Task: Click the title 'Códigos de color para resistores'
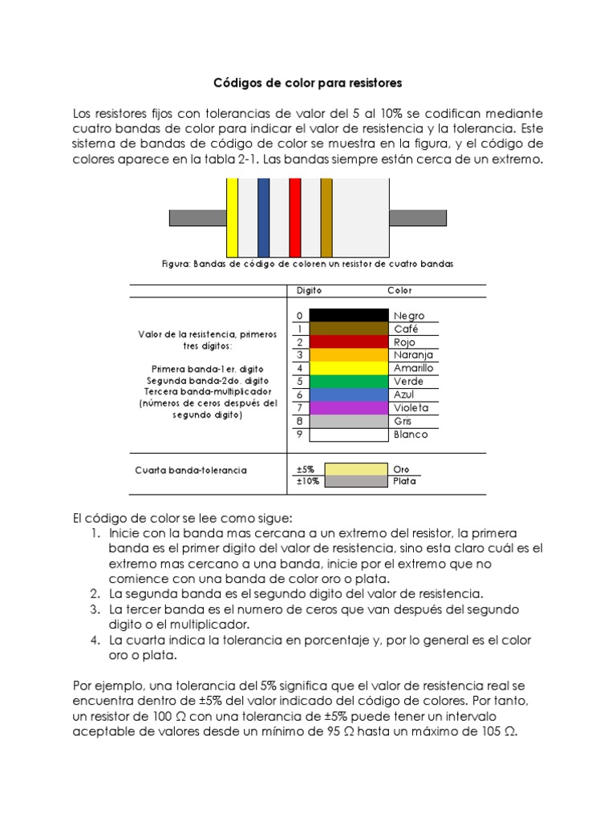click(307, 83)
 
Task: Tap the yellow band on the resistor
click(232, 217)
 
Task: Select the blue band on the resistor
click(263, 217)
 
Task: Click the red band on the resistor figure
click(294, 217)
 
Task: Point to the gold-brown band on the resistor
click(326, 217)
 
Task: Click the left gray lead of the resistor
click(197, 217)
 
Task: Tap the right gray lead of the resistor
click(417, 217)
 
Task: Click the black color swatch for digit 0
click(349, 315)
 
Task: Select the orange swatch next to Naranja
click(349, 354)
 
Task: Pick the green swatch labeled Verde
click(349, 381)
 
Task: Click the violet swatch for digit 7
click(349, 407)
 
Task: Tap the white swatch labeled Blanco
click(349, 435)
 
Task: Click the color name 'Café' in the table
click(406, 329)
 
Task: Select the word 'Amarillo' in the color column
click(413, 368)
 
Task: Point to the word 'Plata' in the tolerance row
click(405, 482)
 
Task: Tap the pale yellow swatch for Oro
click(358, 468)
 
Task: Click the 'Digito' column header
click(310, 290)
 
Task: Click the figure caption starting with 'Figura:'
click(307, 264)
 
